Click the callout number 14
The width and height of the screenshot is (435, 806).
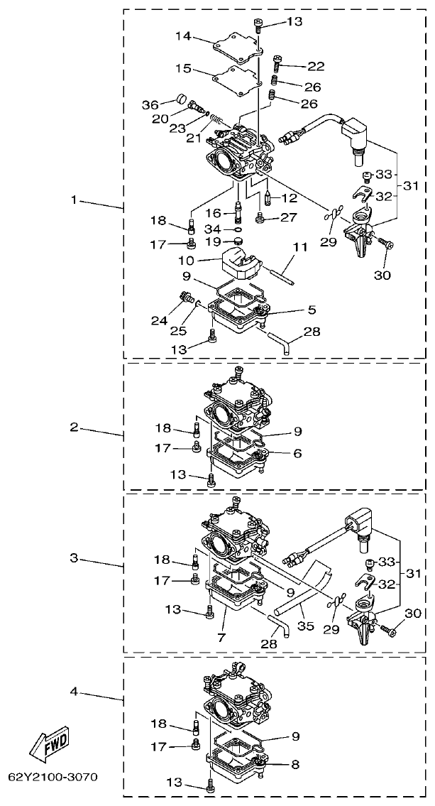[x=183, y=36]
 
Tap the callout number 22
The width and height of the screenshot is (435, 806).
[x=316, y=67]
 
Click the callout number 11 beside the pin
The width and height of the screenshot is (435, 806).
[x=300, y=246]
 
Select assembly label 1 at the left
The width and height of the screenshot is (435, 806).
[x=74, y=200]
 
